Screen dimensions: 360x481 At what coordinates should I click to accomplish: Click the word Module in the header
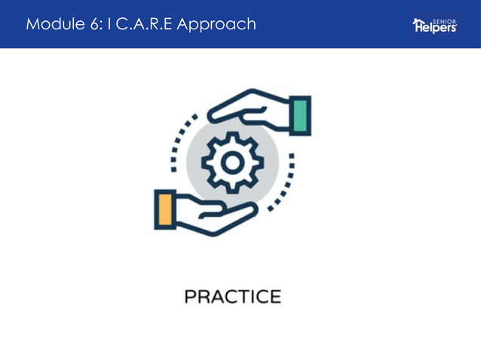coord(53,24)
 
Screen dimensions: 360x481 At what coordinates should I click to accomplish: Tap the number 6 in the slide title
coord(95,24)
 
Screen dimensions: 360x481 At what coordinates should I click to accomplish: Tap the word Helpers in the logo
coord(437,28)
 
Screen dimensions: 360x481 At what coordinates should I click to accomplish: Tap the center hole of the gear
coord(232,161)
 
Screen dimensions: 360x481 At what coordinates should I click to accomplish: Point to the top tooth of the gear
coord(232,136)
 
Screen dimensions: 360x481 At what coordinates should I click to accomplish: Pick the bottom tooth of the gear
coord(232,187)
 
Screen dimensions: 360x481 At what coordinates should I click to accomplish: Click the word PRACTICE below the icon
coord(232,297)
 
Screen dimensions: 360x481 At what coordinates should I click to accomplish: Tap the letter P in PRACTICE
coord(191,297)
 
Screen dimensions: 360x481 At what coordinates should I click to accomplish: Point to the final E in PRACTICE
coord(274,297)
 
